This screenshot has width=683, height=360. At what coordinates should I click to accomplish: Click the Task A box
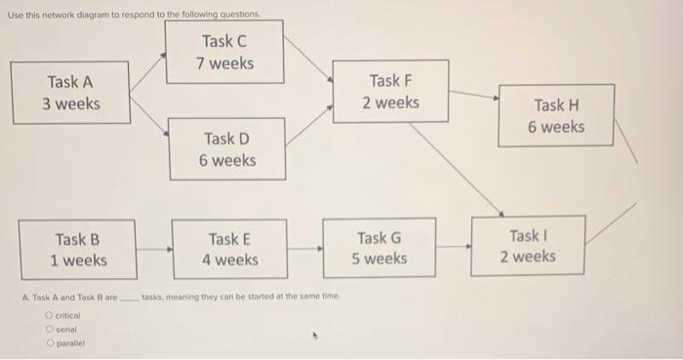71,93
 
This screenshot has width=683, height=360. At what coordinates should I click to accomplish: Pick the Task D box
226,149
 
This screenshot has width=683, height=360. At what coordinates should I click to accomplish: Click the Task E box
229,249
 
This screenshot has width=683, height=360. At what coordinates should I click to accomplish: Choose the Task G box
380,248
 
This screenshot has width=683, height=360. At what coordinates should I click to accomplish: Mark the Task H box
557,116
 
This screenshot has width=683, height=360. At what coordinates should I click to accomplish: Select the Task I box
527,246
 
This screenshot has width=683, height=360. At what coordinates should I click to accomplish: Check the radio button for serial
49,331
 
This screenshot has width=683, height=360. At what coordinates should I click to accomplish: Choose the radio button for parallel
49,344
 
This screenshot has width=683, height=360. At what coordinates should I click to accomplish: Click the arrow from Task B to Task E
153,250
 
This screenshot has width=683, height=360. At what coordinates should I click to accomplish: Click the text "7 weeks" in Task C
225,63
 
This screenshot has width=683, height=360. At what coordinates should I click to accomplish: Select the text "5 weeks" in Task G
380,259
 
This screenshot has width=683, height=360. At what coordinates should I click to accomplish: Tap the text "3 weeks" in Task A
71,103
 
